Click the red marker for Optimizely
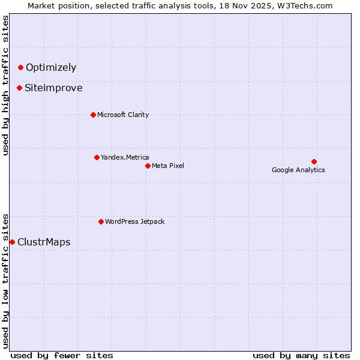[x=20, y=68]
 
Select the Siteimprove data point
[x=19, y=88]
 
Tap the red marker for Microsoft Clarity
[x=93, y=115]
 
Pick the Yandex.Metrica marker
[x=97, y=157]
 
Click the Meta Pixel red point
[x=148, y=166]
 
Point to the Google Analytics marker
[x=314, y=161]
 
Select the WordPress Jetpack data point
[x=101, y=221]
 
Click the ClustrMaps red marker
[x=12, y=242]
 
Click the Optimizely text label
[x=51, y=68]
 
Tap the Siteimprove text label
[x=53, y=88]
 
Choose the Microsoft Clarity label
[x=123, y=115]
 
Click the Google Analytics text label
[x=298, y=170]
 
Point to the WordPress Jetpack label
[x=134, y=221]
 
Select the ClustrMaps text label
[x=44, y=242]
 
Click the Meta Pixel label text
[x=168, y=166]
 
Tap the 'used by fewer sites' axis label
[x=62, y=355]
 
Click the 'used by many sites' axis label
[x=301, y=355]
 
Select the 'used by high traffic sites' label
[x=5, y=85]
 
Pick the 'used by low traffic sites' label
[x=5, y=280]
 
